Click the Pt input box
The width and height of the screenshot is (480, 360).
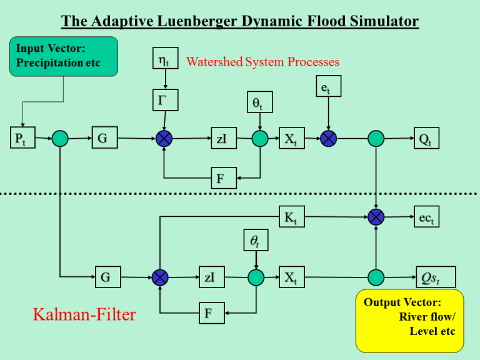[x=22, y=138]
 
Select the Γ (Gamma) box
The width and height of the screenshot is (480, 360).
[x=164, y=99]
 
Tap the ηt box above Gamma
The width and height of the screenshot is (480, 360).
[x=164, y=60]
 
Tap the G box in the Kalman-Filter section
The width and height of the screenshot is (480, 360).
[x=106, y=277]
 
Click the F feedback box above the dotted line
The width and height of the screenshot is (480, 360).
[x=222, y=178]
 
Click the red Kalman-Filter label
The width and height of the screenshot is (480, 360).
[x=84, y=314]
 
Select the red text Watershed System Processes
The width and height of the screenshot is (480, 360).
[x=262, y=61]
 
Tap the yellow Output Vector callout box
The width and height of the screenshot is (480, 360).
[x=409, y=320]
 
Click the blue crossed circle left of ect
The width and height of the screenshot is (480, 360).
[x=376, y=217]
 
